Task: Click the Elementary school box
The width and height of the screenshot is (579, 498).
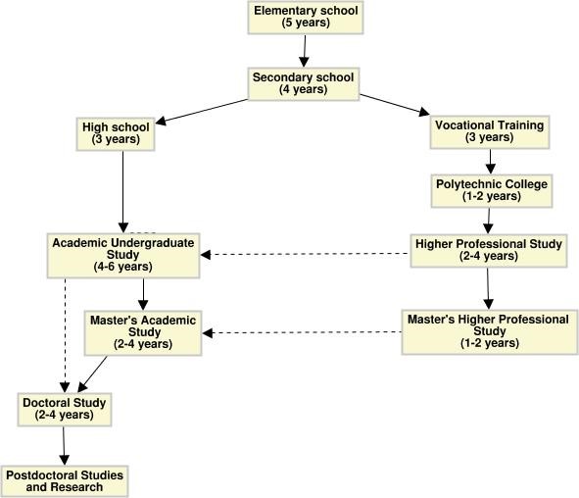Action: (x=306, y=18)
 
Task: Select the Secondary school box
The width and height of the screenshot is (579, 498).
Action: (x=304, y=84)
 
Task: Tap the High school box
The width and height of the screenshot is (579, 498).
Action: (x=116, y=133)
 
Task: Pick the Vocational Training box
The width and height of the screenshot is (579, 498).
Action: (x=490, y=132)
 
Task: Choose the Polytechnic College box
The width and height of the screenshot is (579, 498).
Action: (x=492, y=190)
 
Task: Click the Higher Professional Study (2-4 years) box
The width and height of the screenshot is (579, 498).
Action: (x=489, y=251)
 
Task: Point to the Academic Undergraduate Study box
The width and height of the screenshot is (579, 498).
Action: (x=123, y=255)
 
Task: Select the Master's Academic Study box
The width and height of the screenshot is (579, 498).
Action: (x=143, y=333)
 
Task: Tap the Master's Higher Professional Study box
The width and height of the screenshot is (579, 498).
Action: (x=490, y=332)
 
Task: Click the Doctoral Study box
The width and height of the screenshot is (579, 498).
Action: (x=65, y=410)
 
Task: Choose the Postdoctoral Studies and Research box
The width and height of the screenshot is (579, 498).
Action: (x=65, y=481)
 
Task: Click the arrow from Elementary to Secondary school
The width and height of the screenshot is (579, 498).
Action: (x=305, y=51)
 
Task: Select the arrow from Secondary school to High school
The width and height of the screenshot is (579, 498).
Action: (x=202, y=112)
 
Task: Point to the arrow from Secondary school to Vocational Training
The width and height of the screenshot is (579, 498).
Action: (x=395, y=105)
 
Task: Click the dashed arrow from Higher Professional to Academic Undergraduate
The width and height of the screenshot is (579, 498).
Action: (x=305, y=254)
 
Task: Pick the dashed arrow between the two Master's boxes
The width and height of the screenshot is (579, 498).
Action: (x=302, y=332)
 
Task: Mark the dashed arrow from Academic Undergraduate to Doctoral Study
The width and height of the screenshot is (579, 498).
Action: (x=65, y=335)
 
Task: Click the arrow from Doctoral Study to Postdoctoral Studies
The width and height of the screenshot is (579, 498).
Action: (x=64, y=446)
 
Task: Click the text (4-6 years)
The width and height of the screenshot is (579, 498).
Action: (x=123, y=267)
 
